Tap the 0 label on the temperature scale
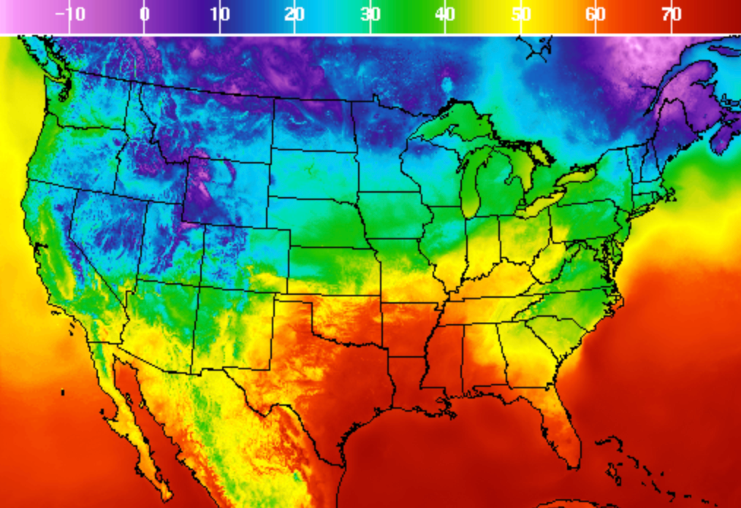[145, 14]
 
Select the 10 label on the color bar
[220, 14]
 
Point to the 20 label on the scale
[295, 14]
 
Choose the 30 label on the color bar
[370, 14]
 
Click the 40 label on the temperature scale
[446, 14]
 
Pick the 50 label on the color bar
[521, 14]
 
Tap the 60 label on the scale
[596, 14]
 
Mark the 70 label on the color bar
[672, 14]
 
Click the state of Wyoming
[227, 190]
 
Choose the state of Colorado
[246, 255]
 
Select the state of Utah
[172, 241]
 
